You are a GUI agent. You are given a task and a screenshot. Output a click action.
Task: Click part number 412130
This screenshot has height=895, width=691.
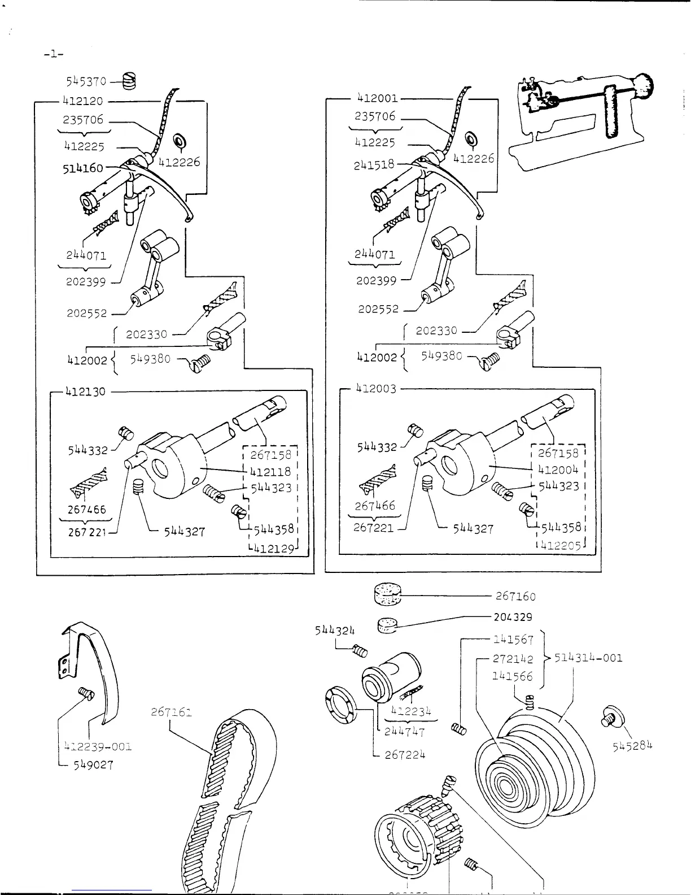pyautogui.click(x=84, y=391)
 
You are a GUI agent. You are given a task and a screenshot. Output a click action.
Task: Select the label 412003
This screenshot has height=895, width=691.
pyautogui.click(x=376, y=389)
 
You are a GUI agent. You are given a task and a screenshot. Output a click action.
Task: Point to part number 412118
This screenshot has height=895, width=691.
pyautogui.click(x=273, y=471)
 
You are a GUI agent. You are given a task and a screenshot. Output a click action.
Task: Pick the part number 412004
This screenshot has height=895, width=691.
pyautogui.click(x=558, y=469)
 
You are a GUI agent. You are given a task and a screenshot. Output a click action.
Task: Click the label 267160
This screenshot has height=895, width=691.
pyautogui.click(x=515, y=596)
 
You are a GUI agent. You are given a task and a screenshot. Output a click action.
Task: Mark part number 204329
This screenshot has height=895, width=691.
pyautogui.click(x=513, y=617)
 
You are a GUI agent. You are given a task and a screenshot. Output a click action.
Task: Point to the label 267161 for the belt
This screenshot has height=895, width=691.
pyautogui.click(x=172, y=712)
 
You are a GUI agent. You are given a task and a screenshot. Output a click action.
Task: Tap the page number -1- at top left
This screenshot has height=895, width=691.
pyautogui.click(x=53, y=54)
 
